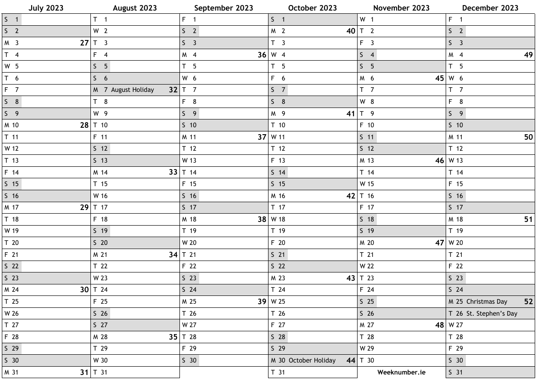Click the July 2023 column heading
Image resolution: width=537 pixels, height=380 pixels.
pyautogui.click(x=46, y=8)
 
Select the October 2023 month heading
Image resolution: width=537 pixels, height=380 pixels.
pyautogui.click(x=313, y=8)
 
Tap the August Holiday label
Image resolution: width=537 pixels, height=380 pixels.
pyautogui.click(x=132, y=90)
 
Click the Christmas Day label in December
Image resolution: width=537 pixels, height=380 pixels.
pyautogui.click(x=487, y=301)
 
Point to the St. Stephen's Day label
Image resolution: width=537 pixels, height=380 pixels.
pyautogui.click(x=492, y=313)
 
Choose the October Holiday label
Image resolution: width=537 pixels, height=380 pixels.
pyautogui.click(x=312, y=360)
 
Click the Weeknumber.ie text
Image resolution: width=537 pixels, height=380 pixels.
pyautogui.click(x=401, y=372)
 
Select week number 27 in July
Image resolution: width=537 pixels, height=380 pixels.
pyautogui.click(x=84, y=43)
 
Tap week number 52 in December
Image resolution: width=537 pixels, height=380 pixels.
pyautogui.click(x=528, y=301)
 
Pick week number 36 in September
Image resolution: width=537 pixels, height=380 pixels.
pyautogui.click(x=262, y=55)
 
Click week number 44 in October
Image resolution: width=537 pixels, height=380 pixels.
pyautogui.click(x=351, y=360)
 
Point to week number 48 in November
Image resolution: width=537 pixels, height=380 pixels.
pyautogui.click(x=439, y=325)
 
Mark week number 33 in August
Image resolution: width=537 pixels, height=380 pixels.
pyautogui.click(x=173, y=172)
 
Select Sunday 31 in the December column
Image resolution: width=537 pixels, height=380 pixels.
pyautogui.click(x=456, y=372)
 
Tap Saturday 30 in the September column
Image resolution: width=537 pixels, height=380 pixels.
pyautogui.click(x=190, y=360)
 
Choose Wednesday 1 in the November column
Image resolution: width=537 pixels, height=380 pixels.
pyautogui.click(x=367, y=19)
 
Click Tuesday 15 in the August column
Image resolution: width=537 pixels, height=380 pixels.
pyautogui.click(x=101, y=184)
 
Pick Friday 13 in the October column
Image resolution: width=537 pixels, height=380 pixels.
pyautogui.click(x=279, y=160)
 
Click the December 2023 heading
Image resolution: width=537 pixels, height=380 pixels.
pyautogui.click(x=490, y=8)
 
